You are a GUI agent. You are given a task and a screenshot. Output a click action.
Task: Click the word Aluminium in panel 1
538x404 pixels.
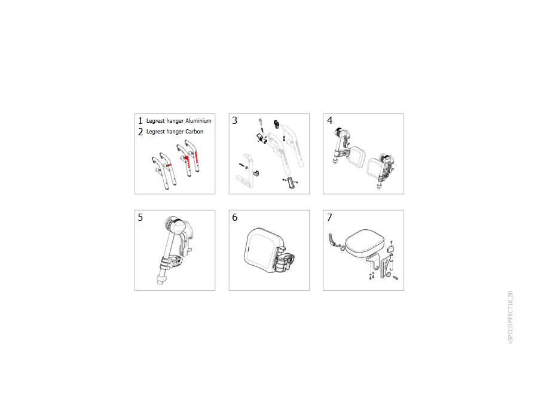pos(198,120)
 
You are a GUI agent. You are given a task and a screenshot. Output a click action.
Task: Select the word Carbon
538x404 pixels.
pos(194,131)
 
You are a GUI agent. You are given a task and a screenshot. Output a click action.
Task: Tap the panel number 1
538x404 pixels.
pos(140,120)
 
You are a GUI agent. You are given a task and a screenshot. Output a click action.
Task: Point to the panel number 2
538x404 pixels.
pos(140,132)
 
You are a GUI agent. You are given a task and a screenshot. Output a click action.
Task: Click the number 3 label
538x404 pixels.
pos(235,120)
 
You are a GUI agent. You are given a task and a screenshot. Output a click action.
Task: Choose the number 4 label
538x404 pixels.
pos(330,120)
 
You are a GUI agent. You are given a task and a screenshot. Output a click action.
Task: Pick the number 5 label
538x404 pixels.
pos(140,217)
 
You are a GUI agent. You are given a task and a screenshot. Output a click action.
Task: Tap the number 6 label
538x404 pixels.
pos(235,217)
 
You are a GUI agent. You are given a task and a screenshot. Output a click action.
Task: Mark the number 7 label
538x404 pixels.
pos(329,217)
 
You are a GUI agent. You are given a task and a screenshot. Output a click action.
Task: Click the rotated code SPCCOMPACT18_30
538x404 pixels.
pos(511,317)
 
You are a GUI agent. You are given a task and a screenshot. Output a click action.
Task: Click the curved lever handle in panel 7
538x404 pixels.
pos(332,240)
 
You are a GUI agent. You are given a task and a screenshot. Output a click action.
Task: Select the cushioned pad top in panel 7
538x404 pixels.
pos(363,242)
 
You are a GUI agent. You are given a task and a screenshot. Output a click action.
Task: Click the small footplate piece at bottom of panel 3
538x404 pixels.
pos(292,183)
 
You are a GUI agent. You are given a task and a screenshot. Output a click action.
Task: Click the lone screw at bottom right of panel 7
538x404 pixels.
pos(395,278)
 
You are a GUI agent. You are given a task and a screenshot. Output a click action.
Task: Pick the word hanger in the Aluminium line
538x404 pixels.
pos(175,121)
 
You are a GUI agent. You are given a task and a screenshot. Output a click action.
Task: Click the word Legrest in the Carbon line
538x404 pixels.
pos(155,132)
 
